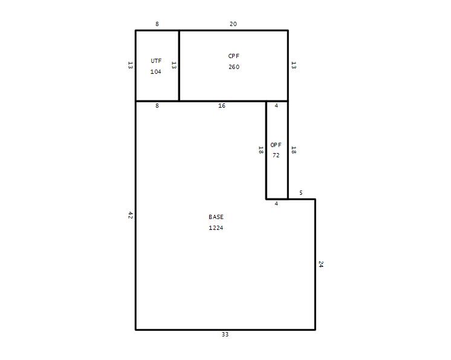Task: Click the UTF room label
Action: coord(156,61)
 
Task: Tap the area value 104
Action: coord(155,71)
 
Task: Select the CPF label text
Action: coord(233,56)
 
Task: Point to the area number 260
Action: coord(234,67)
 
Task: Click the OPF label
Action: coord(276,145)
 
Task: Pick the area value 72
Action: coord(276,155)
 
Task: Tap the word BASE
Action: coord(216,217)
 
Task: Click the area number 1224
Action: coord(216,228)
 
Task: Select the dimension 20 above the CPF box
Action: coord(233,24)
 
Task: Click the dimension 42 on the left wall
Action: coord(131,215)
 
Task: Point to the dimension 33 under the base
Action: coord(225,335)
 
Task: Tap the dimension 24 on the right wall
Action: coord(321,264)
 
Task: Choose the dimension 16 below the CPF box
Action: coord(222,106)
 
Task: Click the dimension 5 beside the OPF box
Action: coord(301,193)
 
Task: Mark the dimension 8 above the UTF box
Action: coord(157,24)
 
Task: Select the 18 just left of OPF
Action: coord(261,150)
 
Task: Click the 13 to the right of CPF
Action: coord(293,65)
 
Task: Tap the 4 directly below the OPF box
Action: coord(276,204)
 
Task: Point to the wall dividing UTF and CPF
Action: coord(179,65)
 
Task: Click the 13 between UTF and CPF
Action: coord(174,65)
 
